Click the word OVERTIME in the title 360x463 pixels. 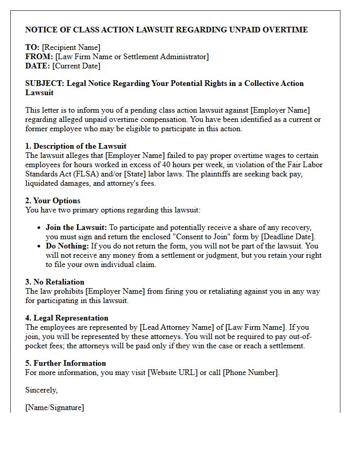(285, 30)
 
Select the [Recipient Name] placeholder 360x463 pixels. (71, 47)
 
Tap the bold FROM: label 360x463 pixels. (39, 57)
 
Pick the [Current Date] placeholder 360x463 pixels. (76, 66)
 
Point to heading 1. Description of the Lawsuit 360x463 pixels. (76, 146)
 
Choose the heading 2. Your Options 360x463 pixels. (53, 201)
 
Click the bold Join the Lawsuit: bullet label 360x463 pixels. (76, 227)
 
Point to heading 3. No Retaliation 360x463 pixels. (55, 282)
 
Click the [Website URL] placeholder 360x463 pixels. (172, 372)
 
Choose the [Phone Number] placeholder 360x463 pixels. (250, 372)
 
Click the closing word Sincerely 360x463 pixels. (41, 390)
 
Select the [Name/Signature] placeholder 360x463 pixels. (55, 407)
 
